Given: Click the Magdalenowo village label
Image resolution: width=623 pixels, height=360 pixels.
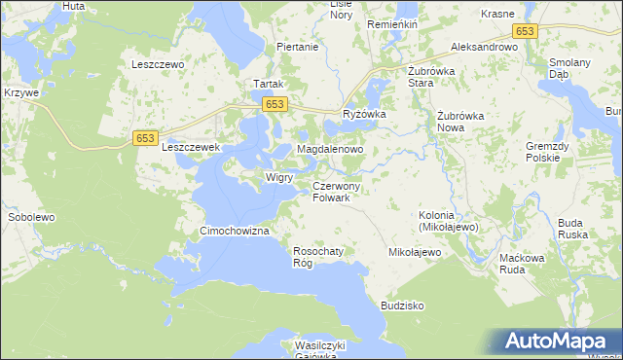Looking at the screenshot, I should pyautogui.click(x=330, y=150).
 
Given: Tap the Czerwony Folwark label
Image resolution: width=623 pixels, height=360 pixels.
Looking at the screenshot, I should pyautogui.click(x=337, y=192).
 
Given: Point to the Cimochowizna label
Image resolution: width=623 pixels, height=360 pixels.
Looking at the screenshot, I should pyautogui.click(x=233, y=231).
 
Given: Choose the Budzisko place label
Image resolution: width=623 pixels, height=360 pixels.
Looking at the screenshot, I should pyautogui.click(x=403, y=305).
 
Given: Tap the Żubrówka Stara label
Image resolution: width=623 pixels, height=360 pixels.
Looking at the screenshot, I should pyautogui.click(x=433, y=77).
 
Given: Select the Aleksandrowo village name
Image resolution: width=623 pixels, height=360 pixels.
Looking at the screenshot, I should pyautogui.click(x=484, y=47).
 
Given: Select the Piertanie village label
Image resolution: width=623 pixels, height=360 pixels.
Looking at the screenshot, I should pyautogui.click(x=298, y=47).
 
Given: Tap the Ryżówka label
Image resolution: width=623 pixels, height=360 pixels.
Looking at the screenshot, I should pyautogui.click(x=365, y=115).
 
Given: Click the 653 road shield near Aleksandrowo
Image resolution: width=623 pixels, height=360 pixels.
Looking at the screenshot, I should pyautogui.click(x=526, y=31).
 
